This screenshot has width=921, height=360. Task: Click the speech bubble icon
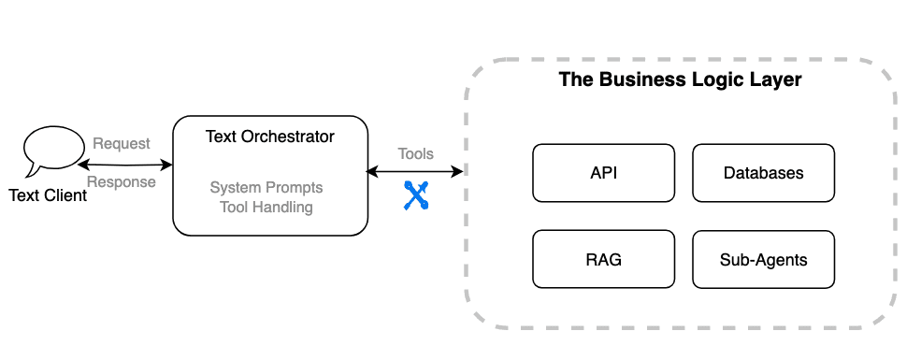coord(53,151)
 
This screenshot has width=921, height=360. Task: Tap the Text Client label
coord(48,195)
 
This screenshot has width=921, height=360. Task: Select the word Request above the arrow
coord(122,144)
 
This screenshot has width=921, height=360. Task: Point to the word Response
coord(122,182)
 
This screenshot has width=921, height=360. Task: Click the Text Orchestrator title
coord(269,137)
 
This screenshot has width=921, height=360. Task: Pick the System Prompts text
coord(266,188)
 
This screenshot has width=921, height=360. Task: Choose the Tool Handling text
coord(266,208)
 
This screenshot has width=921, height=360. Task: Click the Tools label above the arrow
coord(416,154)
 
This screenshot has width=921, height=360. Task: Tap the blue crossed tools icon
coord(416,195)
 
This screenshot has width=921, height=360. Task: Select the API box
coord(604,173)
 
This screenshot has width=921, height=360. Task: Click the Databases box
coord(764,173)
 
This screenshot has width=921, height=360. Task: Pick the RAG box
coord(604,259)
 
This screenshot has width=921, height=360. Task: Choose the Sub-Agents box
coord(764,259)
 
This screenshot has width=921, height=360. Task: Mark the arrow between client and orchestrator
coord(125,165)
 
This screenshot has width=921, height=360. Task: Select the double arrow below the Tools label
coord(415,171)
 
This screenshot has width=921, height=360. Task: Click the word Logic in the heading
coord(706,80)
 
